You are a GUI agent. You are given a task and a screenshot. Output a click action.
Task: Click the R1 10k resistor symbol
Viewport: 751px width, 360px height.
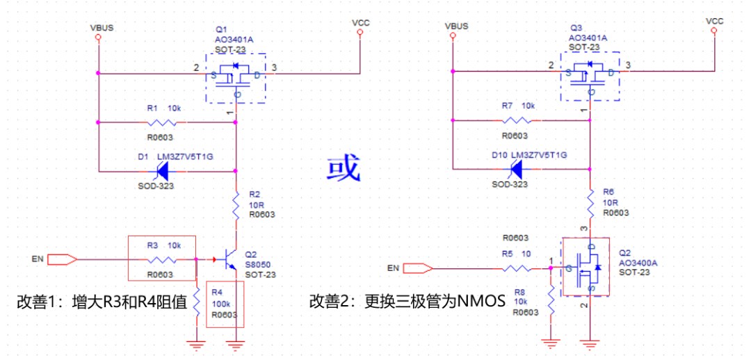167,122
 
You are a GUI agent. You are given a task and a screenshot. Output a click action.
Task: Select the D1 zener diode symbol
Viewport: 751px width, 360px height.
163,169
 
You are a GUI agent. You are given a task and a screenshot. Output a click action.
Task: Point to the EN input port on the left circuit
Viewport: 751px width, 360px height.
62,260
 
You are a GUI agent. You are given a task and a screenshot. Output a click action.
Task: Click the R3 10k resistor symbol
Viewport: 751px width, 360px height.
161,260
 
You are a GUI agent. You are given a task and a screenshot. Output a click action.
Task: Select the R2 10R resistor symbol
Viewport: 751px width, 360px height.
236,204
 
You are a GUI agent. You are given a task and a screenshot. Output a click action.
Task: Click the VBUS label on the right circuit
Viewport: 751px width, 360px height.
455,26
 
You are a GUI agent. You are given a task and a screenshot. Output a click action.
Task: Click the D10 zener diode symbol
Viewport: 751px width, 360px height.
515,169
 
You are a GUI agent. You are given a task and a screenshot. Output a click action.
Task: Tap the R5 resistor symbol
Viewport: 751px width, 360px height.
515,268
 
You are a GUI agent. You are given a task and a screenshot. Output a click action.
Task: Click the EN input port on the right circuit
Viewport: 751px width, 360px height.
418,268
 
